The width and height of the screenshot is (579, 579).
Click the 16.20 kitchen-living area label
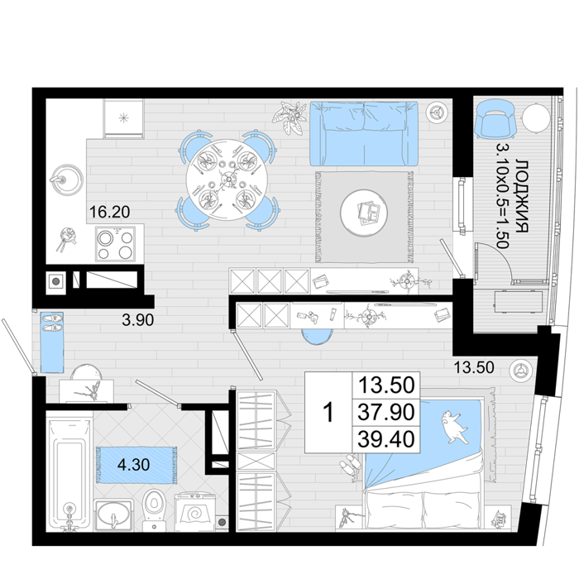coord(110,212)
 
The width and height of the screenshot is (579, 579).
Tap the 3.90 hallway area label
coord(138,320)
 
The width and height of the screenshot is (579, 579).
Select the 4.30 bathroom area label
coord(133,465)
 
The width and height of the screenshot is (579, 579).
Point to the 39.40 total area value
coord(386,439)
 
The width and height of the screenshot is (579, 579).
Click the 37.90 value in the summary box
coord(386,412)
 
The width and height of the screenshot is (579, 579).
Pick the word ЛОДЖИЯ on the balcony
coord(522,196)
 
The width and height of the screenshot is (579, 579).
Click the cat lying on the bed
coord(453,426)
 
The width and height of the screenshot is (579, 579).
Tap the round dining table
coord(227,179)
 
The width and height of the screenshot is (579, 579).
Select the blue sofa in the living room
coord(364,134)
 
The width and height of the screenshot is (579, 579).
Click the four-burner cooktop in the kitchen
coord(115,244)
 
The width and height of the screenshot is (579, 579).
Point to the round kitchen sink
coord(67,179)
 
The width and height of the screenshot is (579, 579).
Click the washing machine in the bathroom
coord(194,512)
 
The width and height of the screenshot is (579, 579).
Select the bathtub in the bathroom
coord(69,475)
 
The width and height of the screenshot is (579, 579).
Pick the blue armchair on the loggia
coord(495,119)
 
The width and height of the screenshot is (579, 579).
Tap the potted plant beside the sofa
coord(290,117)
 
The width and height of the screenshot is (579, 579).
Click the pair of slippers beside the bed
coord(350,465)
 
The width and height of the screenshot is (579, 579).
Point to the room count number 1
coord(328,413)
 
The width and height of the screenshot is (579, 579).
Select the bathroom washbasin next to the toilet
coord(113,515)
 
